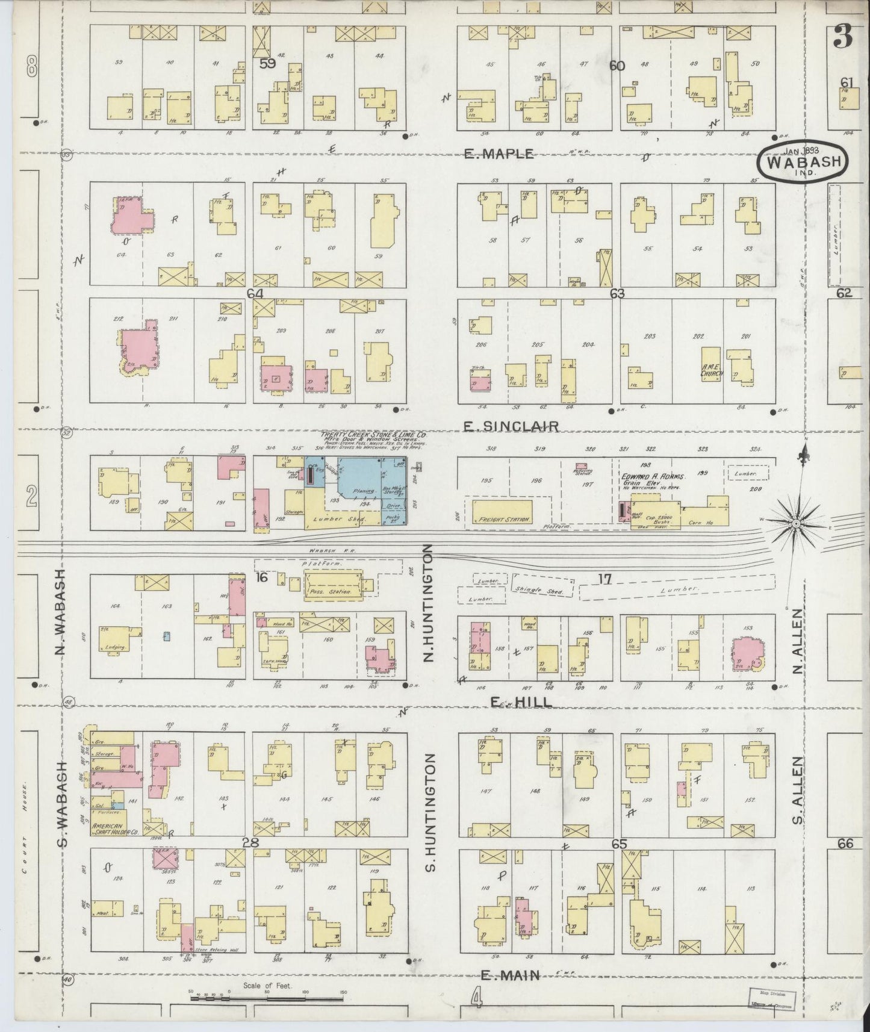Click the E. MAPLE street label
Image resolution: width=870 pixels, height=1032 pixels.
499,154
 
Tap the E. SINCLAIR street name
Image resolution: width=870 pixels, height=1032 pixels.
511,426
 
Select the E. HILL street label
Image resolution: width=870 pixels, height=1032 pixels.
512,702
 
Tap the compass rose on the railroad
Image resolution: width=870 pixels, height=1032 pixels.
795,524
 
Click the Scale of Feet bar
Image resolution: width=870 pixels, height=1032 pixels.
267,998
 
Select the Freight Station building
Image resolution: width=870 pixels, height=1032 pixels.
502,512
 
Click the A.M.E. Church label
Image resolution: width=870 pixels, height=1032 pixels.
711,370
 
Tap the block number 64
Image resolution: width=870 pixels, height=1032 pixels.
255,293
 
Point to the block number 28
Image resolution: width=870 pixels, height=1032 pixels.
250,842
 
